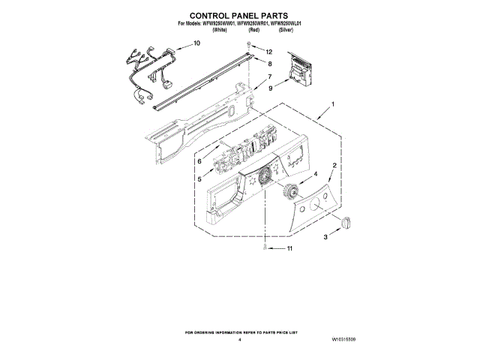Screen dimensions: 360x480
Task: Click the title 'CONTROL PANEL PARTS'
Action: click(240, 14)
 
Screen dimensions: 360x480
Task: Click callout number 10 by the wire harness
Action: click(197, 43)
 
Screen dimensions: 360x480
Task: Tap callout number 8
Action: click(269, 64)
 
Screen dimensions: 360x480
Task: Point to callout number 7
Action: click(269, 77)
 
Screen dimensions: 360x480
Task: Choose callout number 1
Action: click(333, 103)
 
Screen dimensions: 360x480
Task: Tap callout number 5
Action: click(199, 179)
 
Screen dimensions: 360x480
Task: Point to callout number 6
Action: click(199, 160)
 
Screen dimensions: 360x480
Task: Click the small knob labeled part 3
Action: click(346, 222)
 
